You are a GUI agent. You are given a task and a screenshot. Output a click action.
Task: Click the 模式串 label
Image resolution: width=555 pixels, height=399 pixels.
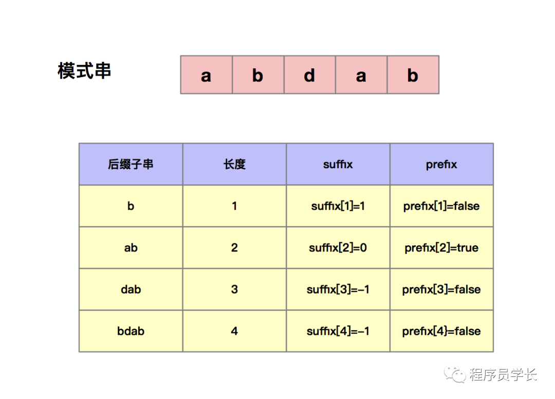[84, 71]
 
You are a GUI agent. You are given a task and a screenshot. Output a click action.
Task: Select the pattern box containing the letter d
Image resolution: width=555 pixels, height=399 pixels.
[310, 75]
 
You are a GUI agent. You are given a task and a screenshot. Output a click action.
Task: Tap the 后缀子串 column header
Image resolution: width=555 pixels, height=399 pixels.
[131, 164]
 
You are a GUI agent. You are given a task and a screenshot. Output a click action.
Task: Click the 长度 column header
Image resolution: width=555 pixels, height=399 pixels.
[234, 164]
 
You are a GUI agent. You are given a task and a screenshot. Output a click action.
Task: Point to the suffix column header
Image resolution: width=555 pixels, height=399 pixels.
[338, 164]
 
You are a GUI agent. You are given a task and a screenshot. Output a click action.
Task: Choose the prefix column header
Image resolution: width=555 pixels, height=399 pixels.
[441, 164]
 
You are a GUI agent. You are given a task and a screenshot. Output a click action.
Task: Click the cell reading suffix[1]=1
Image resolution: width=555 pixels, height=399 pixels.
[338, 206]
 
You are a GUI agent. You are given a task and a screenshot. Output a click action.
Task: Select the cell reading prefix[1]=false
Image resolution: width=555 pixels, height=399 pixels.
[441, 206]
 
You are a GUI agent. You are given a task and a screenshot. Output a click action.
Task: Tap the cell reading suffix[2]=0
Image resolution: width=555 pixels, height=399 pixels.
[338, 248]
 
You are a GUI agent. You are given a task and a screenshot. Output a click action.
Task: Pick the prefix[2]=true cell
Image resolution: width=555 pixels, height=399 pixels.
[441, 248]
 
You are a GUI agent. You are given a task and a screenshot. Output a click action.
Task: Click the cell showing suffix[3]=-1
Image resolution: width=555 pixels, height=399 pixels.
[338, 289]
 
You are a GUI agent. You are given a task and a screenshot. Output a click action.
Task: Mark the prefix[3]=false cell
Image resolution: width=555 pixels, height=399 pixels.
[441, 289]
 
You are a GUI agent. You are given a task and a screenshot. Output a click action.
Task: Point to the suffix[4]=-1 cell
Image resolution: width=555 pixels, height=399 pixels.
[338, 331]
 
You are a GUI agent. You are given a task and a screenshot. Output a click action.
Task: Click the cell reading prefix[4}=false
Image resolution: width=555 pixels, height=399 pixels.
[441, 331]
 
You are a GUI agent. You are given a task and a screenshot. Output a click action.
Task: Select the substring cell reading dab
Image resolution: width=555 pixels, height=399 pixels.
[131, 289]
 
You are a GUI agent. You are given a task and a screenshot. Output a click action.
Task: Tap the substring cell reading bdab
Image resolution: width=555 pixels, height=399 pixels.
[131, 331]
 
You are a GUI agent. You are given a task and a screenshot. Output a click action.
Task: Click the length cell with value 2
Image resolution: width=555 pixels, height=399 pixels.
[234, 248]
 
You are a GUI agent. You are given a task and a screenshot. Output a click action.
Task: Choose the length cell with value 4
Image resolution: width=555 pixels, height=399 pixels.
[234, 331]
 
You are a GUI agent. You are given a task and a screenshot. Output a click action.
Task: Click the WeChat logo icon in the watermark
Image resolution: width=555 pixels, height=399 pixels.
[455, 374]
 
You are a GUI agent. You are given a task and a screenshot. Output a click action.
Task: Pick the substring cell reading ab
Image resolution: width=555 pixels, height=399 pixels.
[131, 248]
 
